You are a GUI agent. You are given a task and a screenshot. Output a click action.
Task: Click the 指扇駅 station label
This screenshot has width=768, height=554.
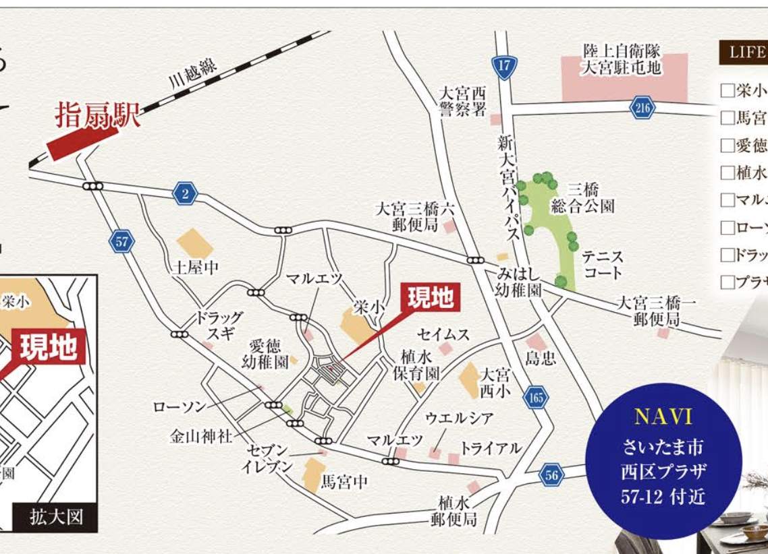[97, 115]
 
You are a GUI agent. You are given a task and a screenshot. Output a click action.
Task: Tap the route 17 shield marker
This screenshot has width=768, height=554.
[505, 66]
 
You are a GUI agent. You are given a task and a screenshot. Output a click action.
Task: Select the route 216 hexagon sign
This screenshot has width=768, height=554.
[643, 107]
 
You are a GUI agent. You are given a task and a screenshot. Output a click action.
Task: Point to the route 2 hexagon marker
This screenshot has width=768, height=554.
[184, 193]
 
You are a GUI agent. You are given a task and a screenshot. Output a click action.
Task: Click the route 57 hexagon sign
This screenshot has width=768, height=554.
[121, 241]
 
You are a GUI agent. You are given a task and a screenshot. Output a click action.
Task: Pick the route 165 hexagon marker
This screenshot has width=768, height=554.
[536, 398]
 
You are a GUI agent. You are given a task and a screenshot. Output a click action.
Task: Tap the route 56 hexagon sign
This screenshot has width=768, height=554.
[551, 475]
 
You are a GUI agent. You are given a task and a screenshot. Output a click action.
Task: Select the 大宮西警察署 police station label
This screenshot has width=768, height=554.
[462, 101]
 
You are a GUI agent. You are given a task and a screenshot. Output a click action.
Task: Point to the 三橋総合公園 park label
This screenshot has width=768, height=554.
[582, 197]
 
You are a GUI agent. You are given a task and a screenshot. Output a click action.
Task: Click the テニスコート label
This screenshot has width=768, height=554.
[603, 265]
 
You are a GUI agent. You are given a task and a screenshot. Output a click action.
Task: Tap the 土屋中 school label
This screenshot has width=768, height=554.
[195, 268]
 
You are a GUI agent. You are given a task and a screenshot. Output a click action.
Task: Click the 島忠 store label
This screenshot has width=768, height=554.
[541, 359]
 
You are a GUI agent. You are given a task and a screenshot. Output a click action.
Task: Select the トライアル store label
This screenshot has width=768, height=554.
[491, 448]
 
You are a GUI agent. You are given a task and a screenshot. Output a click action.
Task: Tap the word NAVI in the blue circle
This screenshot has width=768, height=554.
[663, 417]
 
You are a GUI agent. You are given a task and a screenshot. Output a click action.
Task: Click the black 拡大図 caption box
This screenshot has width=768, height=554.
[56, 517]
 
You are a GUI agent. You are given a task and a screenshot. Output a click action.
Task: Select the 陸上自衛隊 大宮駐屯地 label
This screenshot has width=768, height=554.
[623, 59]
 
